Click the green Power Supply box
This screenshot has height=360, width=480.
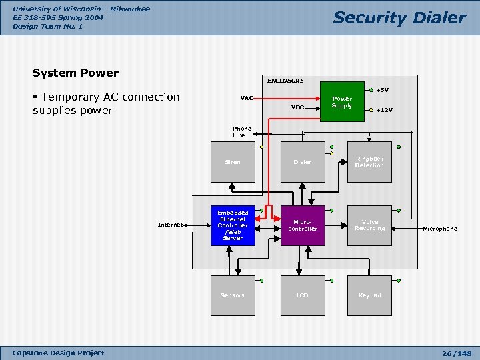[342, 102]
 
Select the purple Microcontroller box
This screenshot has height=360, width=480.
[303, 225]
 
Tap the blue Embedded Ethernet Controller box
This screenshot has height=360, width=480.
[233, 225]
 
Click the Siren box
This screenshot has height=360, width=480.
[233, 162]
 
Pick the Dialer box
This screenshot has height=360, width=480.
[303, 162]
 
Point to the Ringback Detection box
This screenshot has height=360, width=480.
[369, 162]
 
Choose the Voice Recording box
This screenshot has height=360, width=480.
[369, 225]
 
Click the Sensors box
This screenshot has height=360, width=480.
[233, 295]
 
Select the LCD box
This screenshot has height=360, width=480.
[303, 295]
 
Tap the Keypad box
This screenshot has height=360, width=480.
[369, 295]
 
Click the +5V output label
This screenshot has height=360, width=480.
[382, 90]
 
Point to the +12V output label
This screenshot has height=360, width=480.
[384, 110]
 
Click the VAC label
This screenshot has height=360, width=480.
[247, 98]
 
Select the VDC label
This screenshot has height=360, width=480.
[297, 107]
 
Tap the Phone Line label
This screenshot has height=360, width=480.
[241, 132]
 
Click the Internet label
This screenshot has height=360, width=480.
[170, 225]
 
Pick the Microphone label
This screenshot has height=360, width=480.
[440, 229]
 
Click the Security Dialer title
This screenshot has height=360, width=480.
[399, 18]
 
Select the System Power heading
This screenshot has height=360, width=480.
[75, 73]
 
